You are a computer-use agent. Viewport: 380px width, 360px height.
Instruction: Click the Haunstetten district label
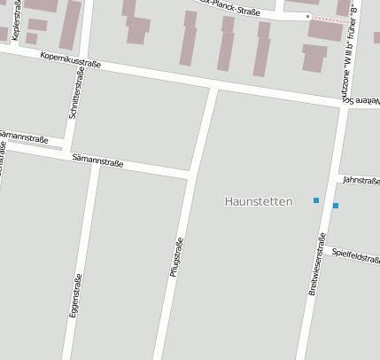coord(259,201)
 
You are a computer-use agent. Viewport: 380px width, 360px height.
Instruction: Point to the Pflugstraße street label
coord(175,258)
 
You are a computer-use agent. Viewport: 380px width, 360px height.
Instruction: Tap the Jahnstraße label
coord(361,180)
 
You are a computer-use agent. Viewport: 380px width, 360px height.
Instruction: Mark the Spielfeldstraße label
coord(356,255)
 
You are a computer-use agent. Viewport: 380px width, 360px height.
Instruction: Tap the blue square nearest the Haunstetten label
coord(316,200)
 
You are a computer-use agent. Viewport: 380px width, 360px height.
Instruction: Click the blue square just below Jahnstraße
coord(336,206)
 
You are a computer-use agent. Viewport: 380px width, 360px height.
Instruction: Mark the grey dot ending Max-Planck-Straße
coord(307,16)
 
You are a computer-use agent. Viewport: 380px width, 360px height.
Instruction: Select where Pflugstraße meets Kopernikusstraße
coord(213,88)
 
